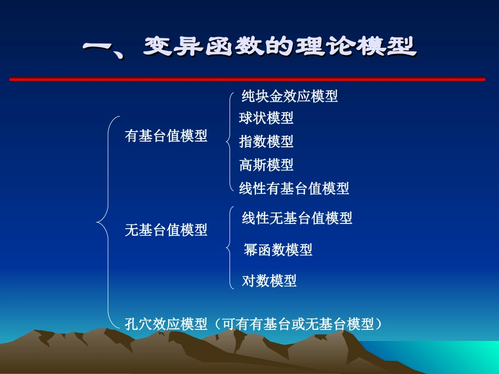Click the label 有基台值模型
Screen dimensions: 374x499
[x=166, y=136]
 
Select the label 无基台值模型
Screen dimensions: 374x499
[x=166, y=230]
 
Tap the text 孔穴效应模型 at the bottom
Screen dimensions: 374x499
[x=166, y=324]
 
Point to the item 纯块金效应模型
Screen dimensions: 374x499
[x=289, y=96]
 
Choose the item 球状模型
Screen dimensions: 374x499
[x=266, y=118]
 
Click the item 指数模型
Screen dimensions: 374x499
[x=266, y=141]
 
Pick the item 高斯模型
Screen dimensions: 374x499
[x=266, y=165]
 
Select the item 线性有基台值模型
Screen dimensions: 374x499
[x=294, y=188]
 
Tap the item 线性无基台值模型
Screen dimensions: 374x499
[x=297, y=218]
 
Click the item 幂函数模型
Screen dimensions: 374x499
[x=278, y=250]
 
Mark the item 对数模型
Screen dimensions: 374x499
[x=269, y=281]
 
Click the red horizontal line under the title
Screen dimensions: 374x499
[x=247, y=79]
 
